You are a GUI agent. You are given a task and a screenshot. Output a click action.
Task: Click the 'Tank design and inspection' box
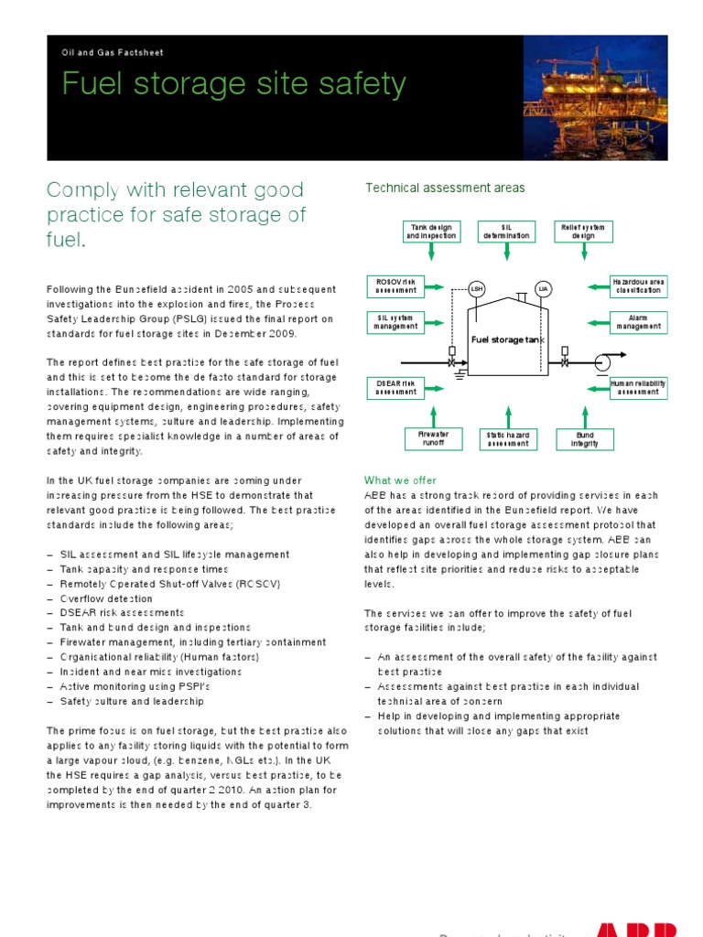click(x=431, y=231)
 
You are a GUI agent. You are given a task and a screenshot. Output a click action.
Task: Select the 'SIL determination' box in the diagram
click(x=507, y=231)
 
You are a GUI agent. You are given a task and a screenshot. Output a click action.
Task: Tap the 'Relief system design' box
click(x=583, y=231)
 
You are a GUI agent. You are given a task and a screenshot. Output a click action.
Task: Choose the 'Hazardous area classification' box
click(x=638, y=285)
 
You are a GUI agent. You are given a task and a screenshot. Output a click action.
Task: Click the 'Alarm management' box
click(x=638, y=322)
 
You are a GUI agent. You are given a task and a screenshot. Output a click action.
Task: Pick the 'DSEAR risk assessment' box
click(x=395, y=387)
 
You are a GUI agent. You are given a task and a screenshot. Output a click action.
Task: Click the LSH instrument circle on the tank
click(x=476, y=289)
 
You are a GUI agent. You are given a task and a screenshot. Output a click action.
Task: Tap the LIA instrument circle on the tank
click(x=543, y=289)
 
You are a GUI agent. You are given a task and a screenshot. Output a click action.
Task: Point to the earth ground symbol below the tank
click(x=462, y=373)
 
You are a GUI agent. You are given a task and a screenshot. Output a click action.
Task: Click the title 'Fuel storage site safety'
click(x=233, y=84)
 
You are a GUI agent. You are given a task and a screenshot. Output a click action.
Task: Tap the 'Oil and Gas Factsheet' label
click(x=113, y=53)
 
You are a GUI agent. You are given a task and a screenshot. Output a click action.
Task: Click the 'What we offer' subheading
click(x=400, y=480)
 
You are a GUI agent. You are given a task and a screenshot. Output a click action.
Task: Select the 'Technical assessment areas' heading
click(x=445, y=188)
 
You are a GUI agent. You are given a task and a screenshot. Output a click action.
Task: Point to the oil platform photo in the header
click(x=589, y=98)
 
